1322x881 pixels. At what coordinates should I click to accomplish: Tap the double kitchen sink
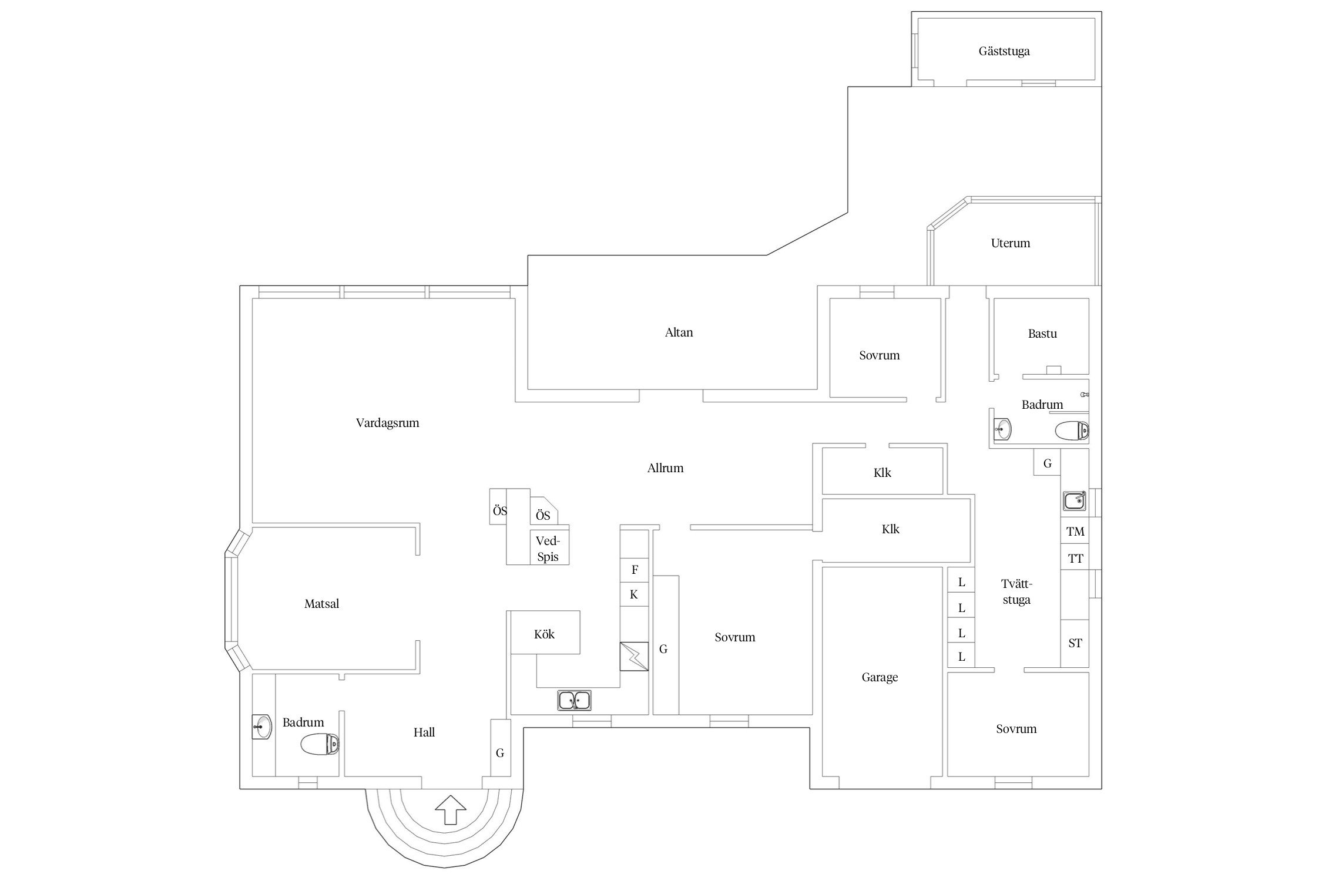[x=574, y=700]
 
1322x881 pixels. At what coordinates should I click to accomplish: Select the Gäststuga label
[x=1004, y=52]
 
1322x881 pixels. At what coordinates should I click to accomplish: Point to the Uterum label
[x=1011, y=243]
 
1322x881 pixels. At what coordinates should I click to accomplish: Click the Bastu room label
[x=1042, y=334]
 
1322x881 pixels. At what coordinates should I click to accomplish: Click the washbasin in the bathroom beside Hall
[x=262, y=727]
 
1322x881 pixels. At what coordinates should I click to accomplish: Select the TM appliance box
[x=1075, y=531]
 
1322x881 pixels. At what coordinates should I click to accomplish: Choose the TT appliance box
[x=1075, y=557]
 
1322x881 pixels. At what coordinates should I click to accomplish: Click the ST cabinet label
[x=1075, y=643]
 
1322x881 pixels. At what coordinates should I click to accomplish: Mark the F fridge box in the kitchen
[x=635, y=570]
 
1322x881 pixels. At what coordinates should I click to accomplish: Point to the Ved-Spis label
[x=548, y=549]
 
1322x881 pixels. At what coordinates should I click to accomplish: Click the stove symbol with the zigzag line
[x=635, y=656]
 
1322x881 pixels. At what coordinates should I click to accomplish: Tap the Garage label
[x=880, y=677]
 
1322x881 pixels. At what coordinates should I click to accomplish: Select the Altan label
[x=679, y=332]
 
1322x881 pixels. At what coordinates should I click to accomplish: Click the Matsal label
[x=321, y=604]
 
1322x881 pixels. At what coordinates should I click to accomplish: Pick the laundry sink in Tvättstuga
[x=1075, y=501]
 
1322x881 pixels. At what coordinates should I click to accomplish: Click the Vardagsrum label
[x=387, y=423]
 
